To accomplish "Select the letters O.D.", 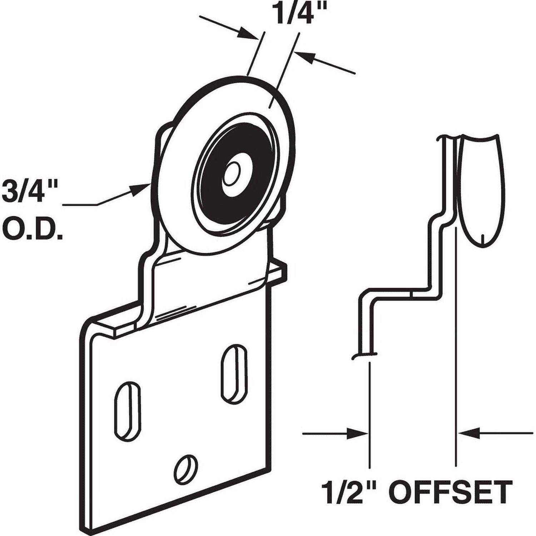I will tap(32, 230).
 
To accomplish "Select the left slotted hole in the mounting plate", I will tap(127, 411).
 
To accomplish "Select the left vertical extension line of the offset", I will tap(369, 415).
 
